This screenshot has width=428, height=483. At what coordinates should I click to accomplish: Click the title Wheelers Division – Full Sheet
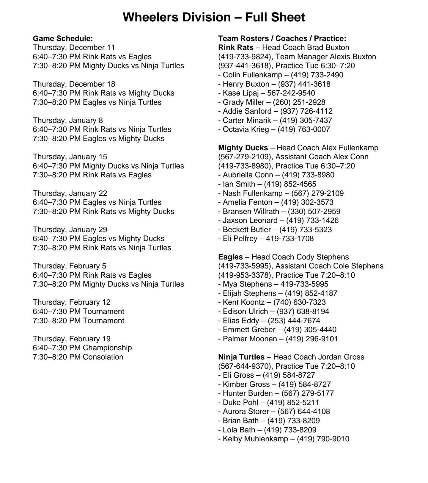point(214,17)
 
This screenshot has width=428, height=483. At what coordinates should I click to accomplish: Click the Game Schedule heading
point(63,38)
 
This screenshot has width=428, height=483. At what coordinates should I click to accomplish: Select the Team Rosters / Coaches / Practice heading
point(282,38)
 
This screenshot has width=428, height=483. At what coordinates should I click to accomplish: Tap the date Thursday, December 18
point(74,84)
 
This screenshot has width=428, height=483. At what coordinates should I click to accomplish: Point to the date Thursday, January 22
point(70,193)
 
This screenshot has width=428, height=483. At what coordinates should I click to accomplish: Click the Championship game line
point(82,348)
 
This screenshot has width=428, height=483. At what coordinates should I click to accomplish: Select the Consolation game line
point(78,357)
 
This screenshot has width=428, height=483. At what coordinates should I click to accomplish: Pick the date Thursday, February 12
point(72,302)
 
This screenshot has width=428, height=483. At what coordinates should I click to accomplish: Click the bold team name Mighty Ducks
point(243,148)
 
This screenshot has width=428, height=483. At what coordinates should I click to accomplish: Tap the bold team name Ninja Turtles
point(241,357)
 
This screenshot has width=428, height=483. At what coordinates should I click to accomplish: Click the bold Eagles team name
point(230,257)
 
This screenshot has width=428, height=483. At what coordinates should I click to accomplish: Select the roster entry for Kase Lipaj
point(267,93)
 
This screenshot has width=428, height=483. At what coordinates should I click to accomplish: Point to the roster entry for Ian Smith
point(267,184)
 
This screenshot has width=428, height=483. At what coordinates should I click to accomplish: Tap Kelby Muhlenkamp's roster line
point(284,439)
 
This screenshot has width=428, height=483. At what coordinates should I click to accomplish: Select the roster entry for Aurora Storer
point(274,411)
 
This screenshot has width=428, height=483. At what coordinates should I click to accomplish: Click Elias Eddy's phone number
point(294,321)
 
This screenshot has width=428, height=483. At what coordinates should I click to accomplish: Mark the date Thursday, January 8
point(68,120)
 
